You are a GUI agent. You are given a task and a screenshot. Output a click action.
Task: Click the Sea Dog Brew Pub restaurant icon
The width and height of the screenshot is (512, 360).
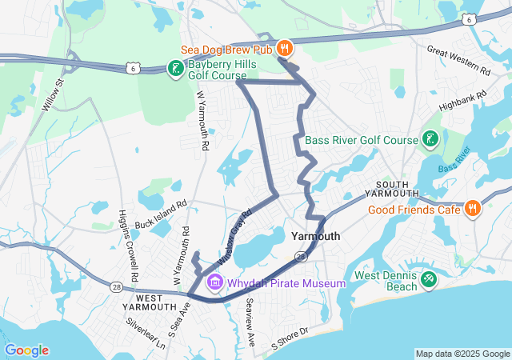click(x=284, y=48)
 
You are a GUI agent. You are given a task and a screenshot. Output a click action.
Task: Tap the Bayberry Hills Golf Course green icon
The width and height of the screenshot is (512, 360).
click(x=174, y=68)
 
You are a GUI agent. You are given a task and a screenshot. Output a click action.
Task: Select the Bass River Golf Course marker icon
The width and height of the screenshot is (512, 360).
click(x=430, y=140)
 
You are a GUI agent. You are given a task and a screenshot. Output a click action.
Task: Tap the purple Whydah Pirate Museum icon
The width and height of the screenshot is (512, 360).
click(x=214, y=283)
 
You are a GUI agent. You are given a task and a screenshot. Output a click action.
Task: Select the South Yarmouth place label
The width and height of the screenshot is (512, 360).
click(x=392, y=190)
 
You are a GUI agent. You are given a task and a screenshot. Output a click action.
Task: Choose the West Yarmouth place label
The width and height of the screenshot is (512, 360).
click(x=150, y=301)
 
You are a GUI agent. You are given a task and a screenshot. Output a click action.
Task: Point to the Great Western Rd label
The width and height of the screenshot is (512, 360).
click(x=458, y=62)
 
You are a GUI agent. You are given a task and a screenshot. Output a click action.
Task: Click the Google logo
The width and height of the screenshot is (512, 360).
click(x=26, y=350)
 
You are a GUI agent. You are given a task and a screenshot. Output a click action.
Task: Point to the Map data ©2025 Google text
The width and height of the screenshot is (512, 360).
click(x=462, y=354)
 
